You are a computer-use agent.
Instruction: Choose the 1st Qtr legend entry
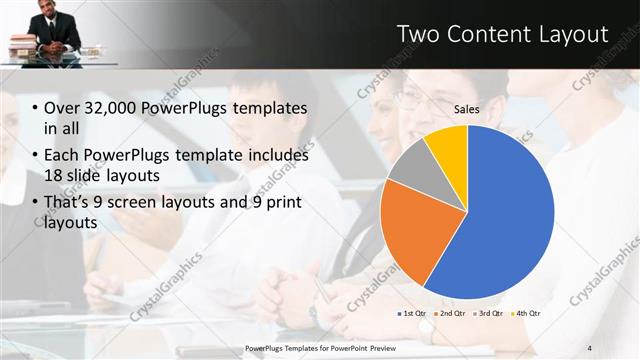pos(413,314)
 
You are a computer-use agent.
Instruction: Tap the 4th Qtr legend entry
pos(528,314)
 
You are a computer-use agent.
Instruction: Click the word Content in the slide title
pos(486,34)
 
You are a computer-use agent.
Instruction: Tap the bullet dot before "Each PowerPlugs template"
pos(35,156)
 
